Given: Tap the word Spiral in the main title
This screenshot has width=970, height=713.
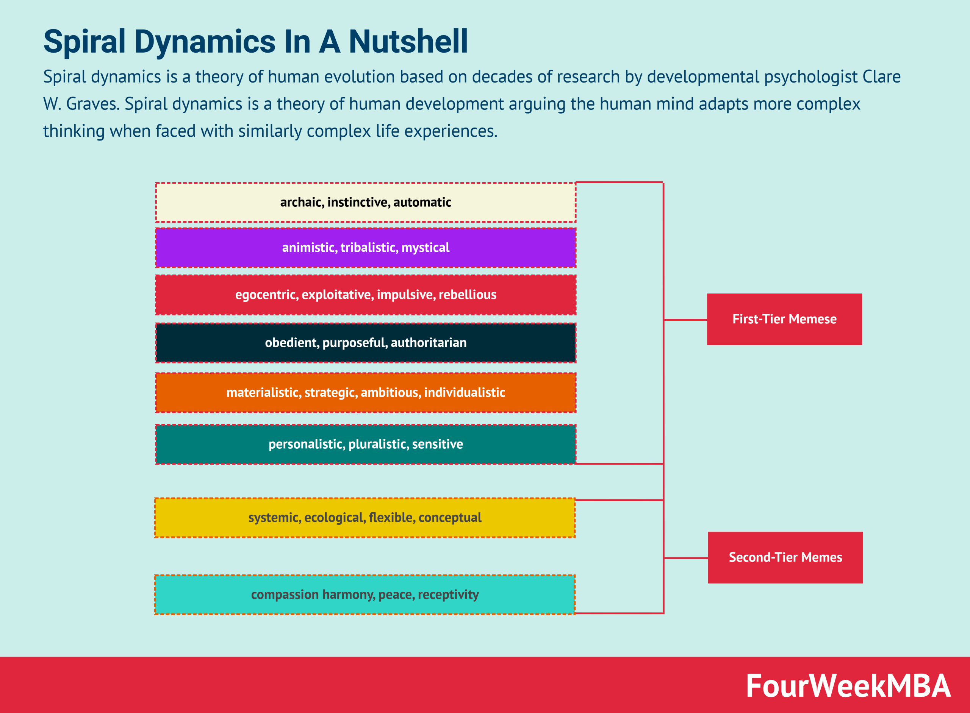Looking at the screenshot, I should (84, 42).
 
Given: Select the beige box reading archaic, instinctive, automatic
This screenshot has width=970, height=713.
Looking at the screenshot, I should (365, 203).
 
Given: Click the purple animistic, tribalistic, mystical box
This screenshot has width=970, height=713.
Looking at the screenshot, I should (365, 248).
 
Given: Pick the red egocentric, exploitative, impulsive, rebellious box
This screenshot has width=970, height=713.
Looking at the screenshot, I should (365, 295).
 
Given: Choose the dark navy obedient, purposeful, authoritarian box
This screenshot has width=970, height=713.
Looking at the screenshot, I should (365, 343).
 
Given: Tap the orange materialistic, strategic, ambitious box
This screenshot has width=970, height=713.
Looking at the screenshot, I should (365, 392).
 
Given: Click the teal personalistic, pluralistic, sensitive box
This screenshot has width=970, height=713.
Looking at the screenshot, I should (365, 444).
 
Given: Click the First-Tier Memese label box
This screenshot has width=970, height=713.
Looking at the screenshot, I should (784, 319).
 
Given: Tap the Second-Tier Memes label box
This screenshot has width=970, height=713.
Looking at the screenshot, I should (785, 557).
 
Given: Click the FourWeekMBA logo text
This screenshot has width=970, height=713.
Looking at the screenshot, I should (848, 686).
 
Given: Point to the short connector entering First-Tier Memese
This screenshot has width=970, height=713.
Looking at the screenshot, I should (685, 320).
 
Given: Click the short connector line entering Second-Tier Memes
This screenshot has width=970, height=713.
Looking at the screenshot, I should (685, 558).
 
